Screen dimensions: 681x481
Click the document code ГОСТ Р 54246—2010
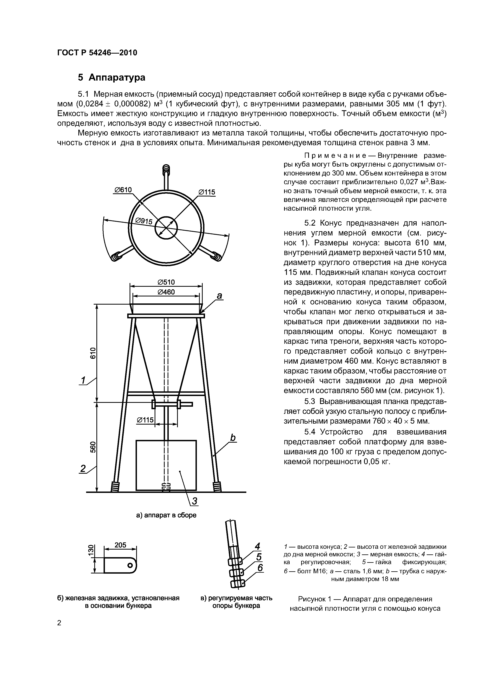click(x=97, y=53)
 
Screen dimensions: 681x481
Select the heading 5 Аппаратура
click(x=112, y=77)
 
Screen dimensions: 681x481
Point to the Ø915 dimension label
click(x=144, y=221)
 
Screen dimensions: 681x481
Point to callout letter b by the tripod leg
click(x=233, y=438)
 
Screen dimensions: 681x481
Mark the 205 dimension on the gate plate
click(x=120, y=545)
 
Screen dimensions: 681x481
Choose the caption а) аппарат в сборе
click(x=166, y=515)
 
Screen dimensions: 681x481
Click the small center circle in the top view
click(x=166, y=228)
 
